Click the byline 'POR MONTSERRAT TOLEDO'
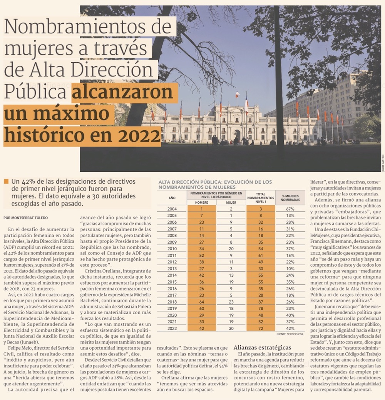tap(25, 217)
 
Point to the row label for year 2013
tap(172, 268)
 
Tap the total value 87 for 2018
tap(261, 302)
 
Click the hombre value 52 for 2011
tap(201, 255)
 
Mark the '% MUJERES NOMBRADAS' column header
tap(291, 198)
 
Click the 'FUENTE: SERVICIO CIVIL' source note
tap(290, 334)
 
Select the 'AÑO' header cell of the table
tap(172, 198)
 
